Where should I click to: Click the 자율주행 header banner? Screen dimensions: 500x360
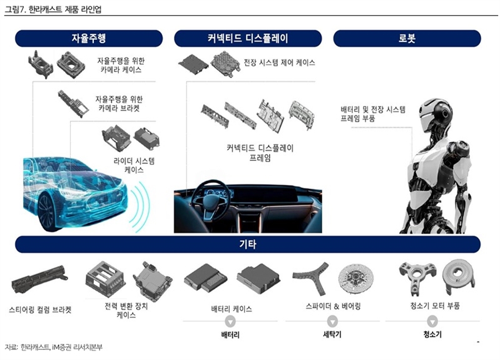[89, 39]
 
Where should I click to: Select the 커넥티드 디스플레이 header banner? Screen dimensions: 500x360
[248, 39]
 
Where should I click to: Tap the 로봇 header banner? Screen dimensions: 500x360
[407, 39]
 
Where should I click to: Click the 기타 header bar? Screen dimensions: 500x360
[248, 244]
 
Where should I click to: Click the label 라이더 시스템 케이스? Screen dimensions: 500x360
[134, 165]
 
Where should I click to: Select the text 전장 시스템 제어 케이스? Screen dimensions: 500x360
[279, 63]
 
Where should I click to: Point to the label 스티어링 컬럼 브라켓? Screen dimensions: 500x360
[40, 309]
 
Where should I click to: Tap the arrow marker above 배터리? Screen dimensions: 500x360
[230, 321]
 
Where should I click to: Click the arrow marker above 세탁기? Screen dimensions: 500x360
[332, 321]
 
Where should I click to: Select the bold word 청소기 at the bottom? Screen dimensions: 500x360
[432, 334]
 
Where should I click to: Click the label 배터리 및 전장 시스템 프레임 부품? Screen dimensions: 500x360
[372, 114]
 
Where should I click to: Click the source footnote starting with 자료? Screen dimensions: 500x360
[54, 347]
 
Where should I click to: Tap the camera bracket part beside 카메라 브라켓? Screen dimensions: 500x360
[73, 103]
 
